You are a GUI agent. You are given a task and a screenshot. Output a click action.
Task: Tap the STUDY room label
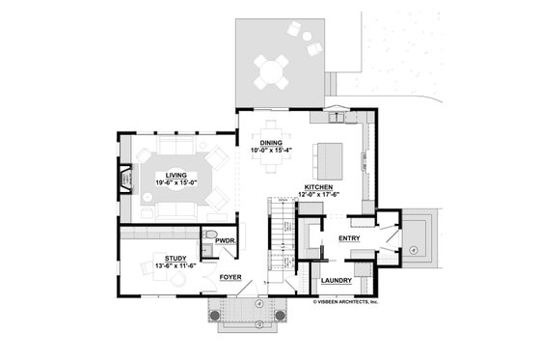click(175, 258)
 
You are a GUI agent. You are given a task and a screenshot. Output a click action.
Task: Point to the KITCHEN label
click(319, 186)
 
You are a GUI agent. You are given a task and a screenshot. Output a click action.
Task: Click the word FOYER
click(229, 277)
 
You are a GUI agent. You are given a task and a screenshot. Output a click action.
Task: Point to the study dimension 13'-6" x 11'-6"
click(175, 265)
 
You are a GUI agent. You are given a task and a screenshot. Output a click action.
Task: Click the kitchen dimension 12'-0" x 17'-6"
click(319, 194)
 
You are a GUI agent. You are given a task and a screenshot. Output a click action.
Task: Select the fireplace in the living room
click(124, 180)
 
